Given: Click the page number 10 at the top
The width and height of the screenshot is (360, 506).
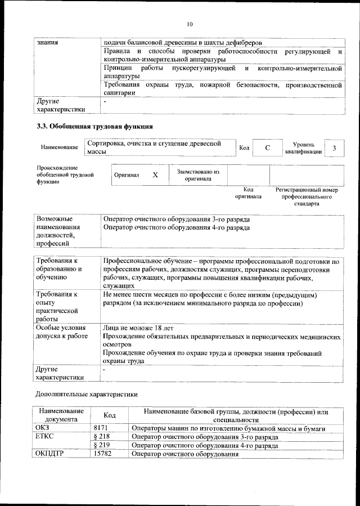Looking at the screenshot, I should click(x=189, y=24).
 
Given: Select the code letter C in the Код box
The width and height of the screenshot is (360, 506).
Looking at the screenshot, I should click(x=267, y=147).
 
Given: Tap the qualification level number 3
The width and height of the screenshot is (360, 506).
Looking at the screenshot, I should click(x=334, y=147).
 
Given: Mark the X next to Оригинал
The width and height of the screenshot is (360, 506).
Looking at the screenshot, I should click(x=155, y=175).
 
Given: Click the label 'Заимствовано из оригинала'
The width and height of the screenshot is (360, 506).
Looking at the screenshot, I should click(x=198, y=175).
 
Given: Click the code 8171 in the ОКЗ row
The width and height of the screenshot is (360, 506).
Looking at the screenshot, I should click(x=100, y=428).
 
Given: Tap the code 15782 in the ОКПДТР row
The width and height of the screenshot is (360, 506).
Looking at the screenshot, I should click(x=102, y=453).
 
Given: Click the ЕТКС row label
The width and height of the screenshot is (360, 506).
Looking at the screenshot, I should click(x=46, y=436).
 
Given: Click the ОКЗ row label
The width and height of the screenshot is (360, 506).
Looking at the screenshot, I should click(x=43, y=428).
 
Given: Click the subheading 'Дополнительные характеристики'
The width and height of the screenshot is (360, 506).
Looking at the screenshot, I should click(x=86, y=395).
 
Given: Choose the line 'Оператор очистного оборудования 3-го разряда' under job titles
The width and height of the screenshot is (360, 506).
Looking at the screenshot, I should click(x=177, y=219).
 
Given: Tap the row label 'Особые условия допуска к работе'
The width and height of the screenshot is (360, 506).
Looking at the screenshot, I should click(x=61, y=332).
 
